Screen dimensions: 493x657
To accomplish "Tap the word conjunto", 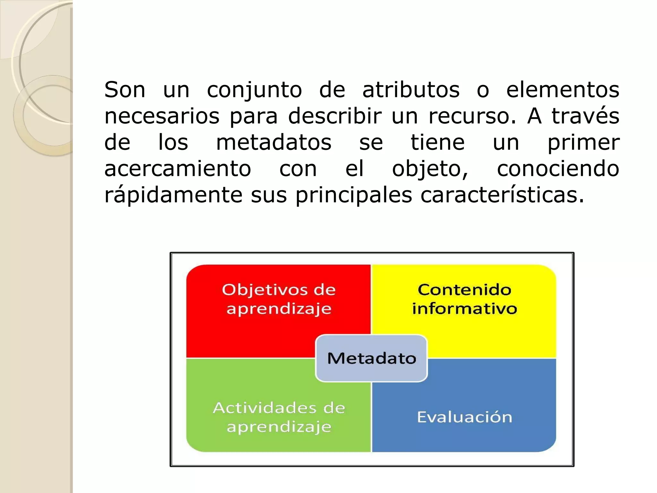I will pyautogui.click(x=254, y=90).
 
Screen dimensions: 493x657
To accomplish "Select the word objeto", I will pyautogui.click(x=430, y=169).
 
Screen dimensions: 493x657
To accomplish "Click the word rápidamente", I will pyautogui.click(x=173, y=195).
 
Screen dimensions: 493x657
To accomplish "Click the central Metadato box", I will pyautogui.click(x=371, y=358).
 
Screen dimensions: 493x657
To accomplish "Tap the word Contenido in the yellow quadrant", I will pyautogui.click(x=464, y=290).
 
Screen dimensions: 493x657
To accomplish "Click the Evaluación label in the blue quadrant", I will pyautogui.click(x=464, y=417).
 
